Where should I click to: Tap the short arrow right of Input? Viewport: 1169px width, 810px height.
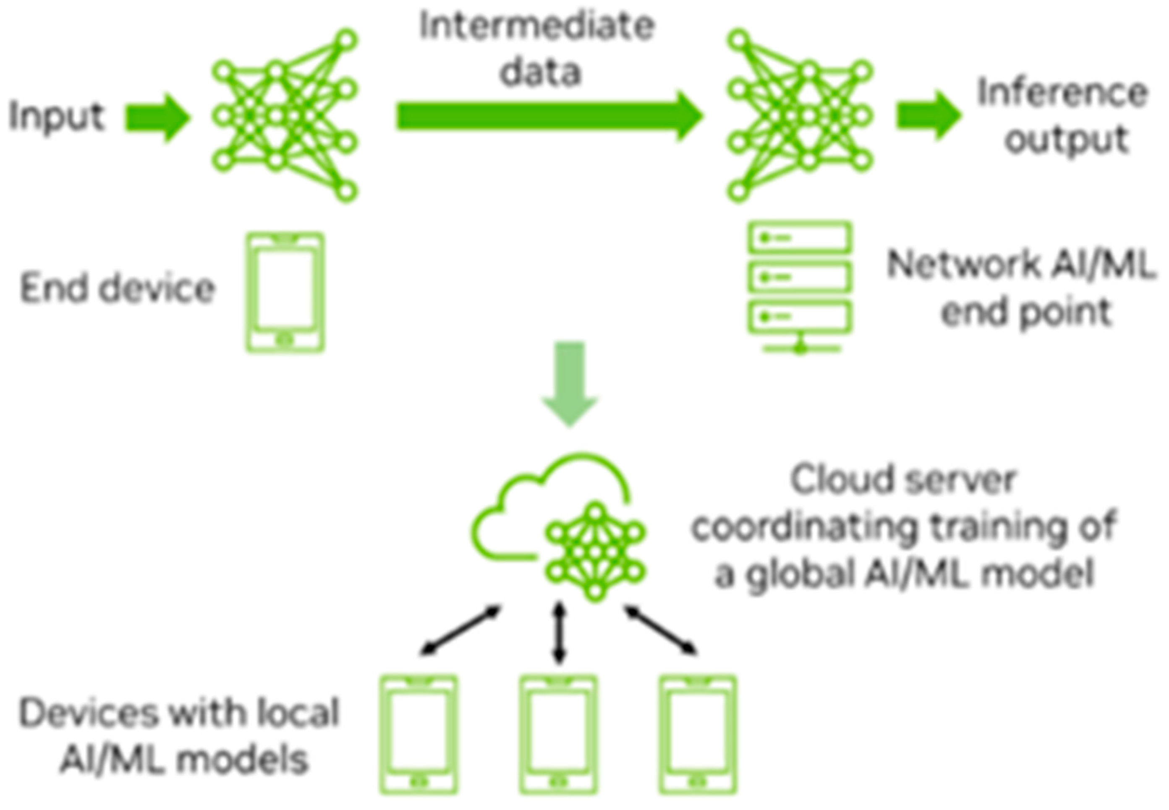157,118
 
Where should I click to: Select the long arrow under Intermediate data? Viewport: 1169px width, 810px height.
549,116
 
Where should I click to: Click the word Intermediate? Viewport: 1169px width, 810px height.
537,26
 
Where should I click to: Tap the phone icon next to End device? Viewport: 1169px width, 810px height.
285,292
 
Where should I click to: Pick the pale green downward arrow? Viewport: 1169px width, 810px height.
569,383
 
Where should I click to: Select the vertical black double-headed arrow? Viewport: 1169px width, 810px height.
559,633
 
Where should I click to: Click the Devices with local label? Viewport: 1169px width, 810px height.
179,713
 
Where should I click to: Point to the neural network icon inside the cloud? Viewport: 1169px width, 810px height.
595,552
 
